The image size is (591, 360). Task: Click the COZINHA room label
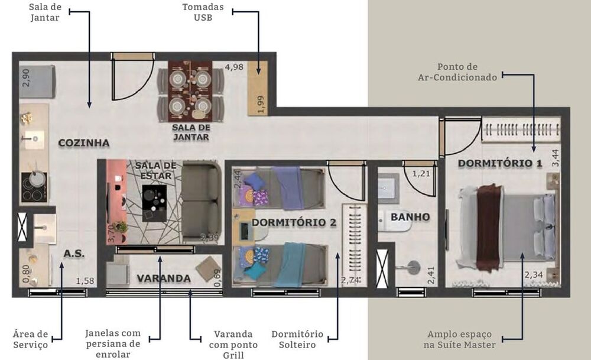[x=84, y=143]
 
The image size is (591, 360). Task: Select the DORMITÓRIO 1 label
[x=500, y=163]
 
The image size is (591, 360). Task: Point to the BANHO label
[x=410, y=217]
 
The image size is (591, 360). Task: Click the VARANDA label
[x=164, y=278]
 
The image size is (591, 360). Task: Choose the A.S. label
[x=74, y=254]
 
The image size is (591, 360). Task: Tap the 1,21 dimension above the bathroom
[x=421, y=174]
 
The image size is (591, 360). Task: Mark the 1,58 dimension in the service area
[x=85, y=281]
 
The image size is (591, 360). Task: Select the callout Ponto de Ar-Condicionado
[x=466, y=72]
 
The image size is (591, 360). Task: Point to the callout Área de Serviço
[x=30, y=339]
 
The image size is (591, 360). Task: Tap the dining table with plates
[x=190, y=91]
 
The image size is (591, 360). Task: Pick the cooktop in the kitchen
[x=33, y=187]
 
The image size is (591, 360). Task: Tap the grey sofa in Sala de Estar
[x=201, y=201]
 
